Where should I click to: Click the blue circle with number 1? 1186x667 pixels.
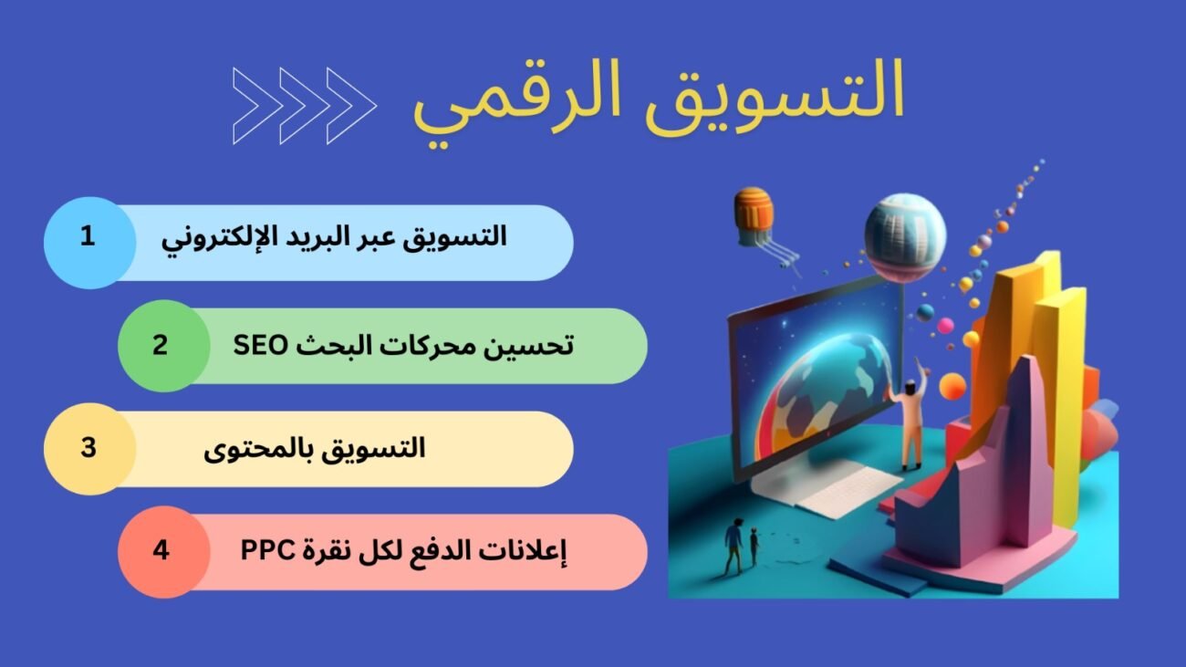point(89,243)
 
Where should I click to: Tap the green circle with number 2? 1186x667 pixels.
point(163,346)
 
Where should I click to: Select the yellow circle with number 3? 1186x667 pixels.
point(89,449)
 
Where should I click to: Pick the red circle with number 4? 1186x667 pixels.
point(163,552)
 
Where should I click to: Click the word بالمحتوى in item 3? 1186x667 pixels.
point(259,450)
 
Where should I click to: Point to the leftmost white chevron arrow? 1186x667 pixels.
point(252,106)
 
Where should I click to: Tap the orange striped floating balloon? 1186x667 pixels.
point(754,216)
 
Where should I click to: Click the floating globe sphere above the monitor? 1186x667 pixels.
point(905,235)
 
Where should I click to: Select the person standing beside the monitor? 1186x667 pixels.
point(909,418)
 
